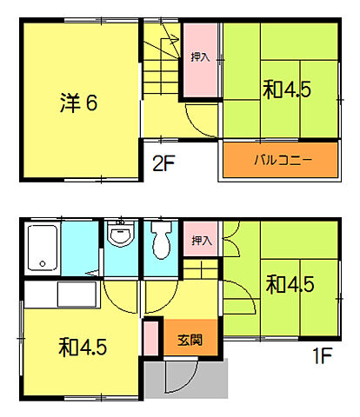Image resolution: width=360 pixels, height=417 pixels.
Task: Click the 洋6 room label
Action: [x=78, y=103]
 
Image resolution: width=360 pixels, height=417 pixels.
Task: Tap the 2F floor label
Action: [x=164, y=161]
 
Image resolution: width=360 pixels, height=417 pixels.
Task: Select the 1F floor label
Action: [x=324, y=357]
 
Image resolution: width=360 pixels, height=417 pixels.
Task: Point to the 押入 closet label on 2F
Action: [x=200, y=57]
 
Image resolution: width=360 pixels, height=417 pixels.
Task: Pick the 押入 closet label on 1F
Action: [x=200, y=241]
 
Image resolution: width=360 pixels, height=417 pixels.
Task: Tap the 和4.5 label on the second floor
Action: [x=287, y=89]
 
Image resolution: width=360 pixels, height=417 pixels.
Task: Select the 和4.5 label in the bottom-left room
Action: [x=83, y=347]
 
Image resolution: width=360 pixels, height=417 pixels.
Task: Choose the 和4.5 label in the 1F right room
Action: [x=290, y=284]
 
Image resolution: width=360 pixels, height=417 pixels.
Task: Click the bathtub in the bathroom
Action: [x=42, y=247]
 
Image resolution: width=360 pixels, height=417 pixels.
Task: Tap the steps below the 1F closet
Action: [x=199, y=274]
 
